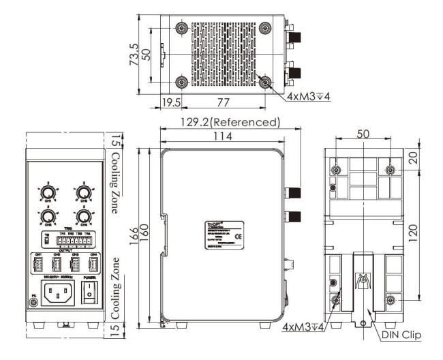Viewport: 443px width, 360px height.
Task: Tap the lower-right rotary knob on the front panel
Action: click(x=84, y=217)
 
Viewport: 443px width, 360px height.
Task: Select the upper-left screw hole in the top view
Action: click(x=181, y=28)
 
